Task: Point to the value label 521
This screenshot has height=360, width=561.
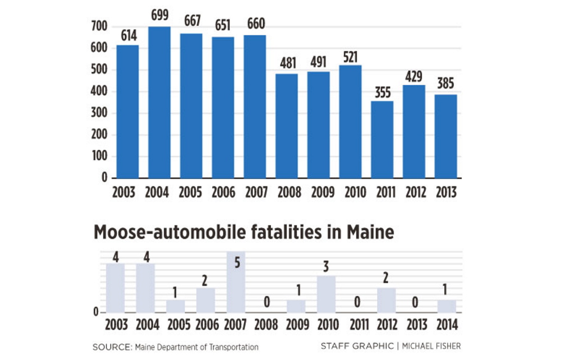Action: click(350, 57)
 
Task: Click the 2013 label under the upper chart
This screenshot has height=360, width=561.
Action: click(445, 192)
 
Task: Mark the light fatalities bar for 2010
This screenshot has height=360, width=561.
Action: click(326, 294)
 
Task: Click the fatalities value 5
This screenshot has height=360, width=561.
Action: click(236, 262)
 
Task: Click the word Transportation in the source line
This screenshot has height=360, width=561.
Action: click(231, 347)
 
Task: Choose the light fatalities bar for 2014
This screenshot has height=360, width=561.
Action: click(447, 306)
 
